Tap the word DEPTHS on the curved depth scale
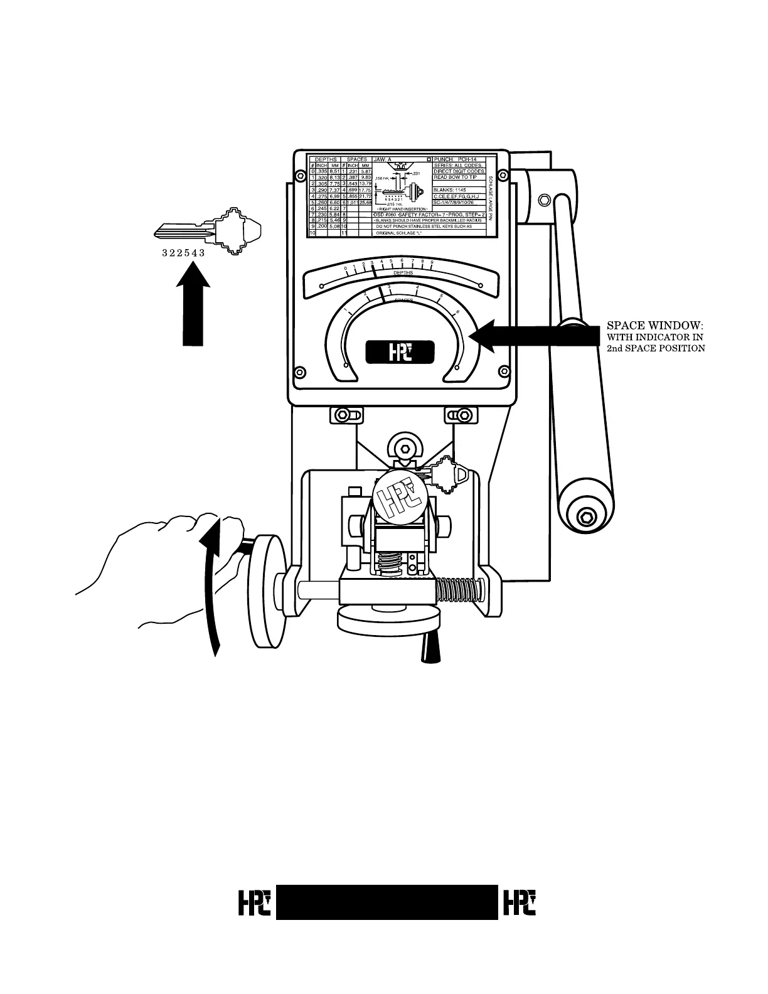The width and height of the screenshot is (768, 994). (403, 273)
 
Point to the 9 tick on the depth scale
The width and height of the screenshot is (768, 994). (432, 261)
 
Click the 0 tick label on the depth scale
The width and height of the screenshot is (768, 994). (345, 269)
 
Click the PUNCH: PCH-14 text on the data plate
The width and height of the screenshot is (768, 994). (456, 160)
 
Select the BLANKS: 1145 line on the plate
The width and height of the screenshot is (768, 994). (450, 190)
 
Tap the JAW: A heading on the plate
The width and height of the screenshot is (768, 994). (383, 160)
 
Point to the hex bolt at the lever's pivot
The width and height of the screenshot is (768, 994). (545, 199)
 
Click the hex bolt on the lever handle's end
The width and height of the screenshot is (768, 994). (587, 518)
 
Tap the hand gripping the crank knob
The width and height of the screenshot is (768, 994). (169, 565)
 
